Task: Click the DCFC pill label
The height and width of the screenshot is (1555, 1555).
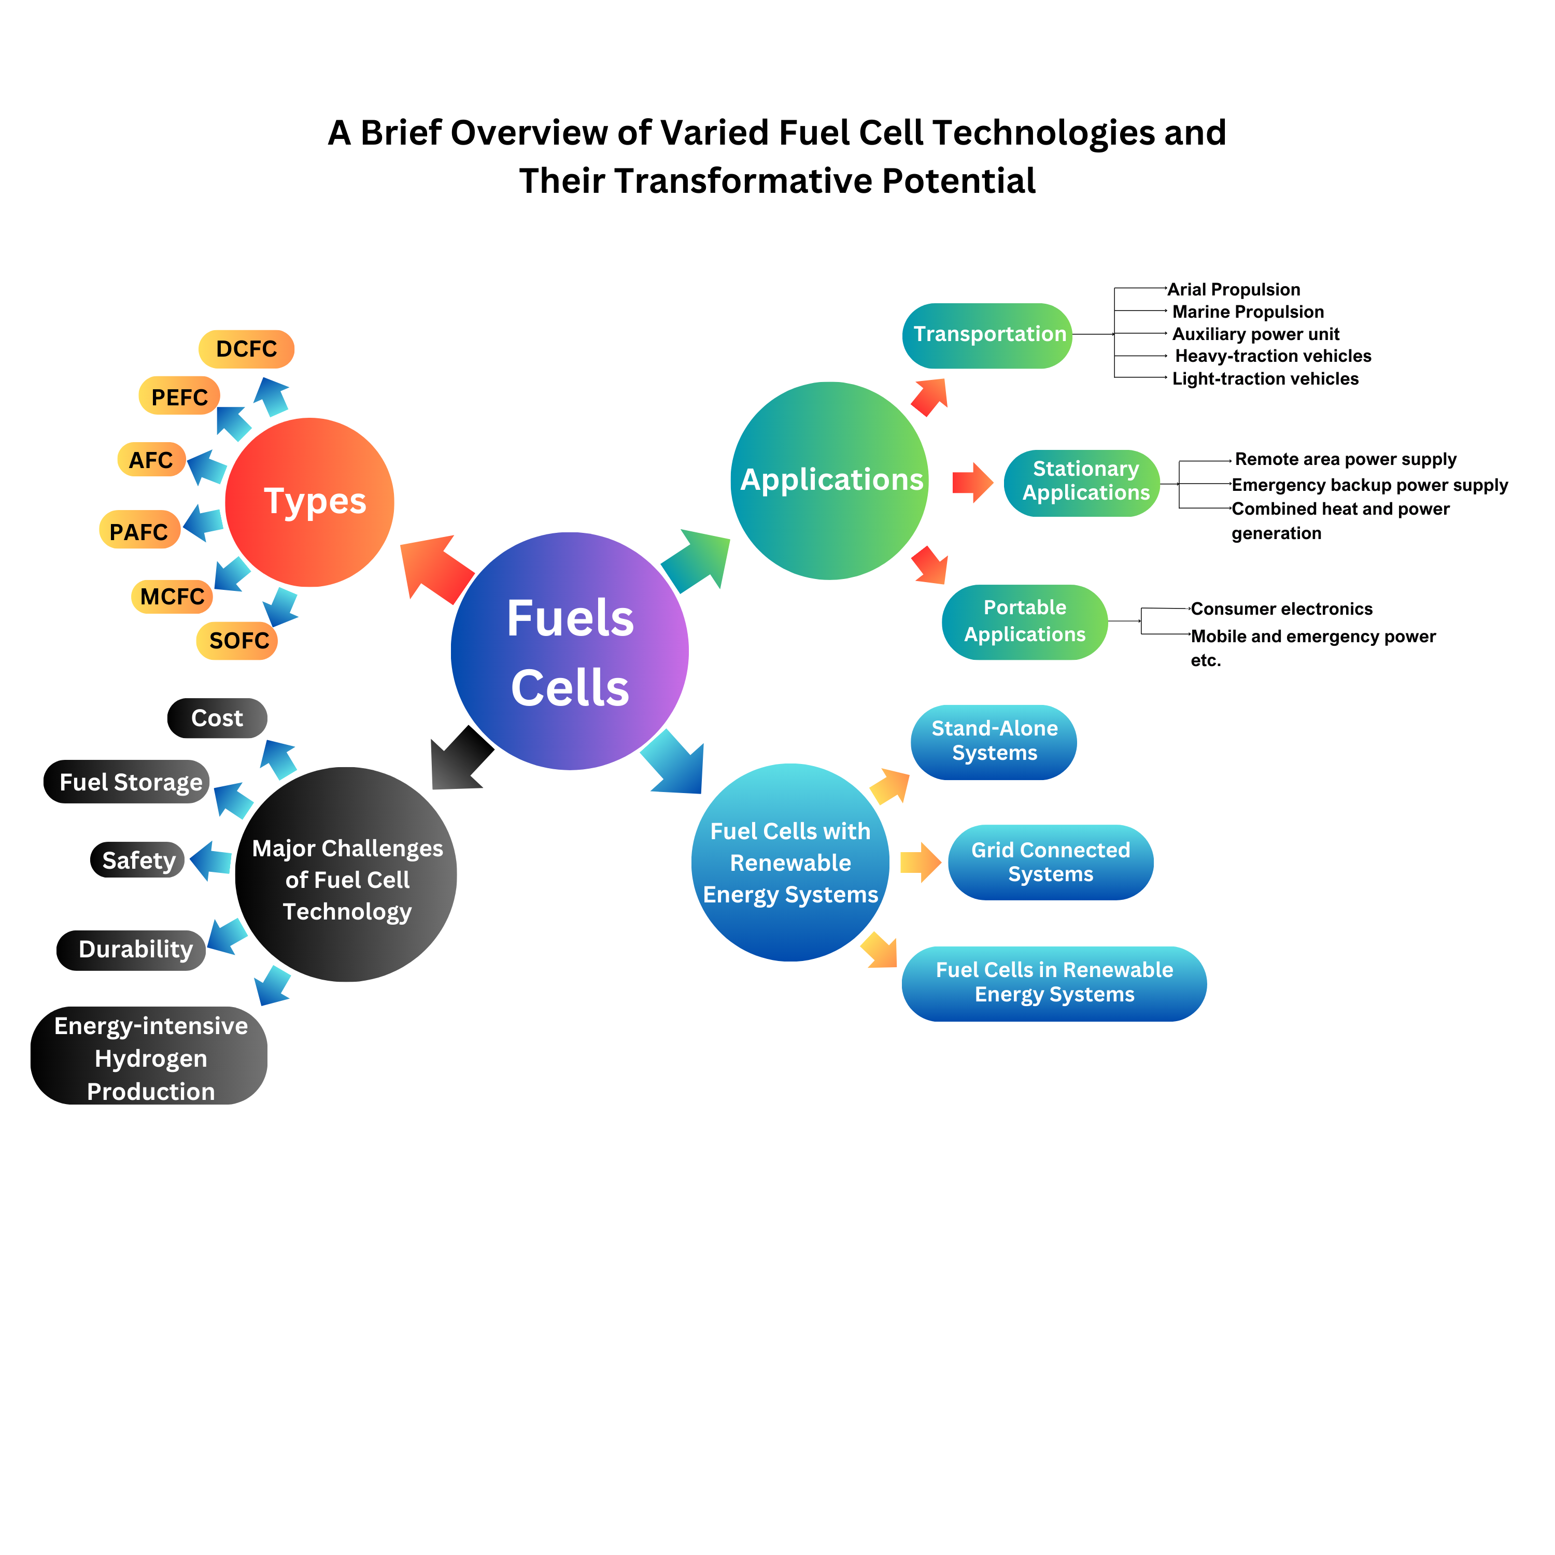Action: pos(246,349)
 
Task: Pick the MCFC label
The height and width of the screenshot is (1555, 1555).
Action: pos(172,597)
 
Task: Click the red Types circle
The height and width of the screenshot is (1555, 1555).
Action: pos(310,502)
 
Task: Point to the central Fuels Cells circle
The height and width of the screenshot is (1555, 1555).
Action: pos(570,651)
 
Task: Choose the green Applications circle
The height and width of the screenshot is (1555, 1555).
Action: pos(830,480)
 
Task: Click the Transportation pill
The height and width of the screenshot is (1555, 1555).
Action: pos(987,335)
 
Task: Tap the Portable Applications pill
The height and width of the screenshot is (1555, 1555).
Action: pos(1025,622)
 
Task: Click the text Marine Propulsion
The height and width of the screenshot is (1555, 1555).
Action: pos(1248,312)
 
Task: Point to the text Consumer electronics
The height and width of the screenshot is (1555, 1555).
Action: pos(1281,609)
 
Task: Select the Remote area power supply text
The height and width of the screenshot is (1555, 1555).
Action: pos(1345,460)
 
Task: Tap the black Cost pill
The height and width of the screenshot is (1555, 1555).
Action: pos(217,718)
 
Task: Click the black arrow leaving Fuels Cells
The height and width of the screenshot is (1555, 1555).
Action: pos(459,760)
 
